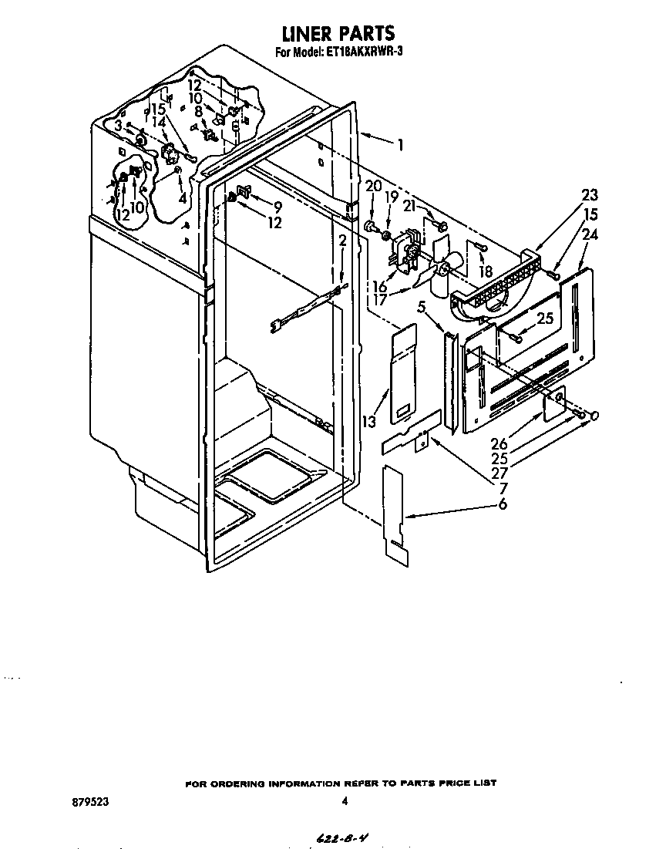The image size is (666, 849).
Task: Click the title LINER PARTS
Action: click(339, 33)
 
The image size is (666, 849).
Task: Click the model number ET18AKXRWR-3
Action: click(364, 52)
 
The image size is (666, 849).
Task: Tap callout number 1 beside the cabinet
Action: click(400, 145)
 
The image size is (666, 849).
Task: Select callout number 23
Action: click(590, 194)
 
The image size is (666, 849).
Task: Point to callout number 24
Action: click(590, 235)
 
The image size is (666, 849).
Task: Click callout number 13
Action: click(370, 421)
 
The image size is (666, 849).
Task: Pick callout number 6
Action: click(503, 504)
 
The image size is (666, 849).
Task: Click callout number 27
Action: click(499, 473)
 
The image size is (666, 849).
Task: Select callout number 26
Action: click(499, 444)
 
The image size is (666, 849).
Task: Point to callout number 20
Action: click(374, 186)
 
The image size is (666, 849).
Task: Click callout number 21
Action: click(410, 207)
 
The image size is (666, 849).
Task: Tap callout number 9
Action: click(277, 207)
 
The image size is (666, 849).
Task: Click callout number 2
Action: click(342, 241)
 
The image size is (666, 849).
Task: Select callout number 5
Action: click(422, 308)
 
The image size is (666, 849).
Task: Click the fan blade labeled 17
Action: click(434, 274)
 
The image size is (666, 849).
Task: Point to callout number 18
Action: click(486, 271)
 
